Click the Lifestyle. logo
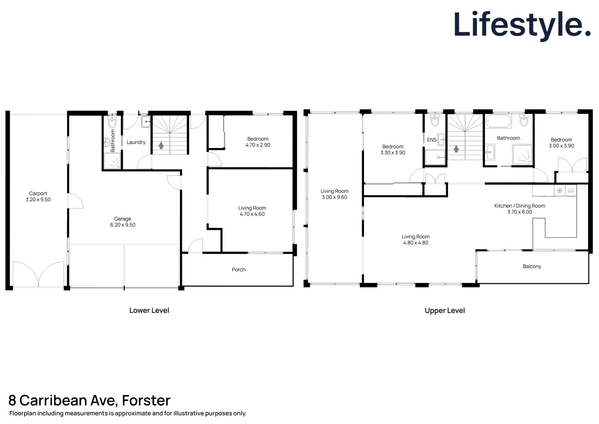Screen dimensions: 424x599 click(x=521, y=25)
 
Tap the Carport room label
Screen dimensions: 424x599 click(x=38, y=194)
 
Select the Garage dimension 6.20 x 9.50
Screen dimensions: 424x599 click(x=123, y=225)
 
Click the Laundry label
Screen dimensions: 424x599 click(x=136, y=143)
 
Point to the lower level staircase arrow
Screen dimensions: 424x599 click(x=161, y=145)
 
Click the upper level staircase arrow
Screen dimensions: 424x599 click(x=456, y=149)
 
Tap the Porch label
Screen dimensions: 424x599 click(x=239, y=270)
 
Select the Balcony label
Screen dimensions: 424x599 click(x=532, y=267)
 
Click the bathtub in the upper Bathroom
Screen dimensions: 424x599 click(x=498, y=121)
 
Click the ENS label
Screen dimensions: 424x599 click(x=431, y=140)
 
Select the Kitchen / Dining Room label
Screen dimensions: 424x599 click(x=520, y=206)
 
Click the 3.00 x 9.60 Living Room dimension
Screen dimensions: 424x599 click(x=335, y=197)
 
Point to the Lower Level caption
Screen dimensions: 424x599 click(x=149, y=311)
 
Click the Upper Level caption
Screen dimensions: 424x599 click(x=445, y=311)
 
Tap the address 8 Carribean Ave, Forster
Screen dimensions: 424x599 click(x=89, y=400)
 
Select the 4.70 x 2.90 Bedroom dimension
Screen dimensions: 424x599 click(x=258, y=145)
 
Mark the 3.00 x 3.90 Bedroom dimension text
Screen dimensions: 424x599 click(x=561, y=146)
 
